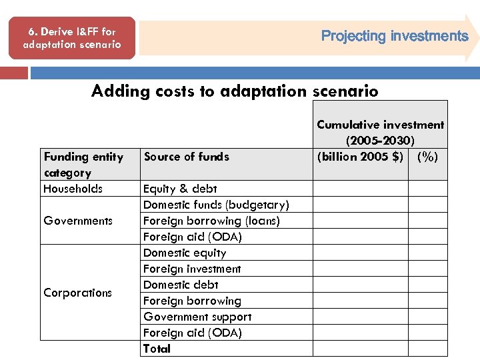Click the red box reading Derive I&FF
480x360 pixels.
tap(72, 38)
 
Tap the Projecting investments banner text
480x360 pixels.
tap(395, 36)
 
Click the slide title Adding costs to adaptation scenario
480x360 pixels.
tap(235, 91)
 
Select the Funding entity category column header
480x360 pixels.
tap(83, 164)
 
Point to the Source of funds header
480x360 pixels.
tap(186, 157)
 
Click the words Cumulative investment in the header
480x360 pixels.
tap(380, 125)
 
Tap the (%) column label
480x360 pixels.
tap(427, 157)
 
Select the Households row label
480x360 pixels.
tap(73, 189)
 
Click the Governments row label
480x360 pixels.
tap(78, 221)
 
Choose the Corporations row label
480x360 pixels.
tap(77, 293)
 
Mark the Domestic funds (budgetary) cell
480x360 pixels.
tap(216, 205)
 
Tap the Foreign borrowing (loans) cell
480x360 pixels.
tap(211, 221)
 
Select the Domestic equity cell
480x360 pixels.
tap(185, 253)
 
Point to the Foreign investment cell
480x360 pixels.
tap(192, 269)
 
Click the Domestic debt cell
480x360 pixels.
tap(181, 285)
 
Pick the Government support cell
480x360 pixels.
tap(197, 317)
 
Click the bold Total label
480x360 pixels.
tap(157, 349)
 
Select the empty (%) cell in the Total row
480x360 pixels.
tap(427, 349)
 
